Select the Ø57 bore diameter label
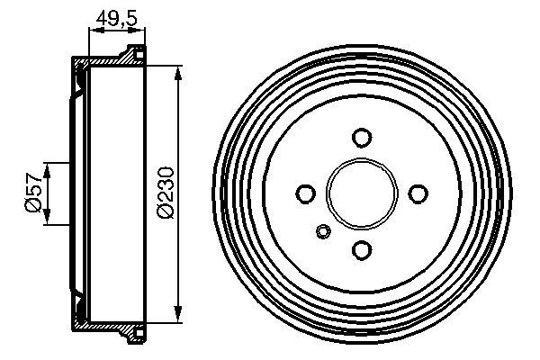(x=30, y=193)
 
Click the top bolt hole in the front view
(x=362, y=138)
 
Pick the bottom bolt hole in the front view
(x=362, y=249)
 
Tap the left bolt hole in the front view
(x=306, y=193)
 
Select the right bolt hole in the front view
(x=418, y=193)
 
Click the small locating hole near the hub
(x=324, y=232)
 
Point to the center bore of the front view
(x=362, y=193)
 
